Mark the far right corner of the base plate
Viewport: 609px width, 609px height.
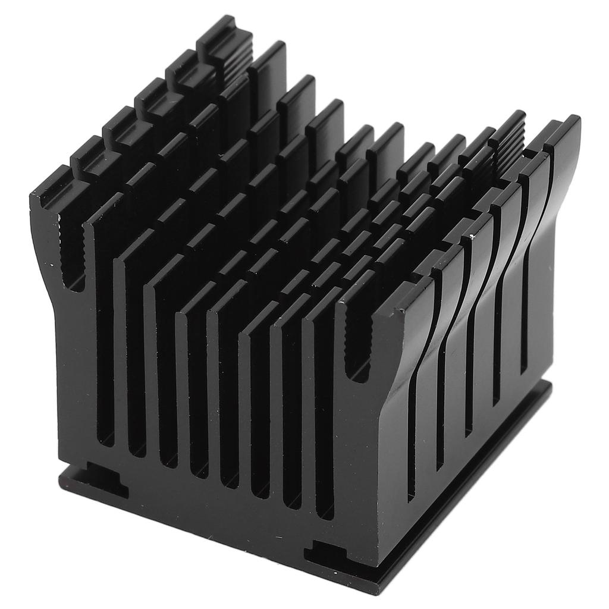click(550, 385)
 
